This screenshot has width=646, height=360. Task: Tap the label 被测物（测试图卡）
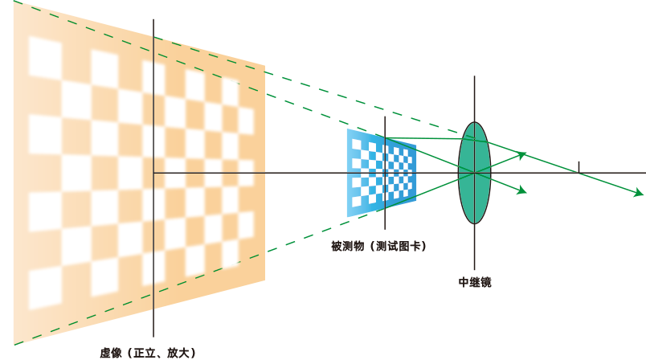click(x=378, y=246)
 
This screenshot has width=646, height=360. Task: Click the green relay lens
click(x=474, y=173)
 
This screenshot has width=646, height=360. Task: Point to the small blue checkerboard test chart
click(x=382, y=172)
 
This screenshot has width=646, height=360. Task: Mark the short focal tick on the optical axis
click(x=579, y=167)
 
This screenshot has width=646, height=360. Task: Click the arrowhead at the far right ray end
click(x=639, y=194)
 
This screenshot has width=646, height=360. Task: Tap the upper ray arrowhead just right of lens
click(x=522, y=153)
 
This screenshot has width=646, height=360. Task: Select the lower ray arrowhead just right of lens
click(x=522, y=191)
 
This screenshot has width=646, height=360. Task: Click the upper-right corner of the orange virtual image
click(x=264, y=65)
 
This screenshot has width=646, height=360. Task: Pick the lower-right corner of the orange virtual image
click(x=264, y=281)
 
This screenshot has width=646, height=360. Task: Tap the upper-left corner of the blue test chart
click(x=347, y=129)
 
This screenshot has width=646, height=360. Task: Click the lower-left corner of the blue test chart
click(x=347, y=217)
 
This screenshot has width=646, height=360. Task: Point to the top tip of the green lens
click(x=474, y=123)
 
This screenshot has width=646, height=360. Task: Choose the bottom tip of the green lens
click(x=474, y=224)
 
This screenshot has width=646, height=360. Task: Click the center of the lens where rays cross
click(x=474, y=173)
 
